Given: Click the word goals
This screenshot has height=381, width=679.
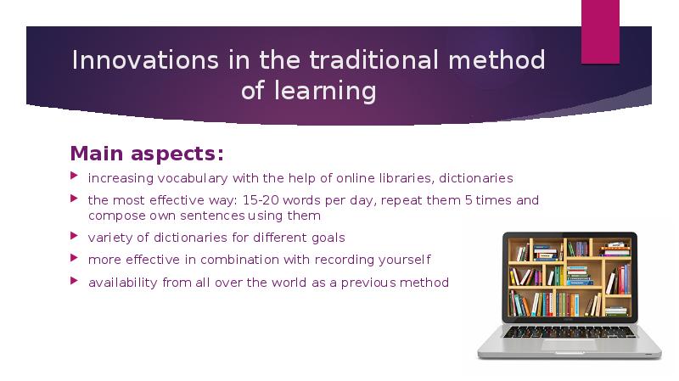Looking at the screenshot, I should coord(327,238).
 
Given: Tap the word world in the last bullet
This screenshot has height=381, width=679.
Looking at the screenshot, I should coord(267,283).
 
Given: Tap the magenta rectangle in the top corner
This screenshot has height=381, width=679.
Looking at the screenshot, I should coord(600,31).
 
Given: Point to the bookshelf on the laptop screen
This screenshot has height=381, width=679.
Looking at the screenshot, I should coord(569,277).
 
